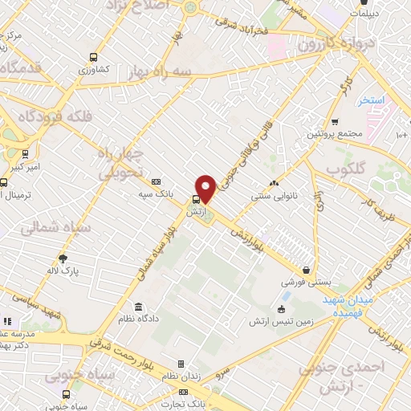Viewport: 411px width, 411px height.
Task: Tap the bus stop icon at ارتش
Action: coord(196,200)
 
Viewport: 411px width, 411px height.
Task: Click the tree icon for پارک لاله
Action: coord(63,258)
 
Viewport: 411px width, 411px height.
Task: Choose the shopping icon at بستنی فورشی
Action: coord(306,271)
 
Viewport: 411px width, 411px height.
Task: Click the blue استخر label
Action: coord(372,100)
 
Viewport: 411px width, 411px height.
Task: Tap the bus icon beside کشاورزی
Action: coord(94,57)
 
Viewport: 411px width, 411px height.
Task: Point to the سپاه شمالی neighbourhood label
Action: coord(47,228)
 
